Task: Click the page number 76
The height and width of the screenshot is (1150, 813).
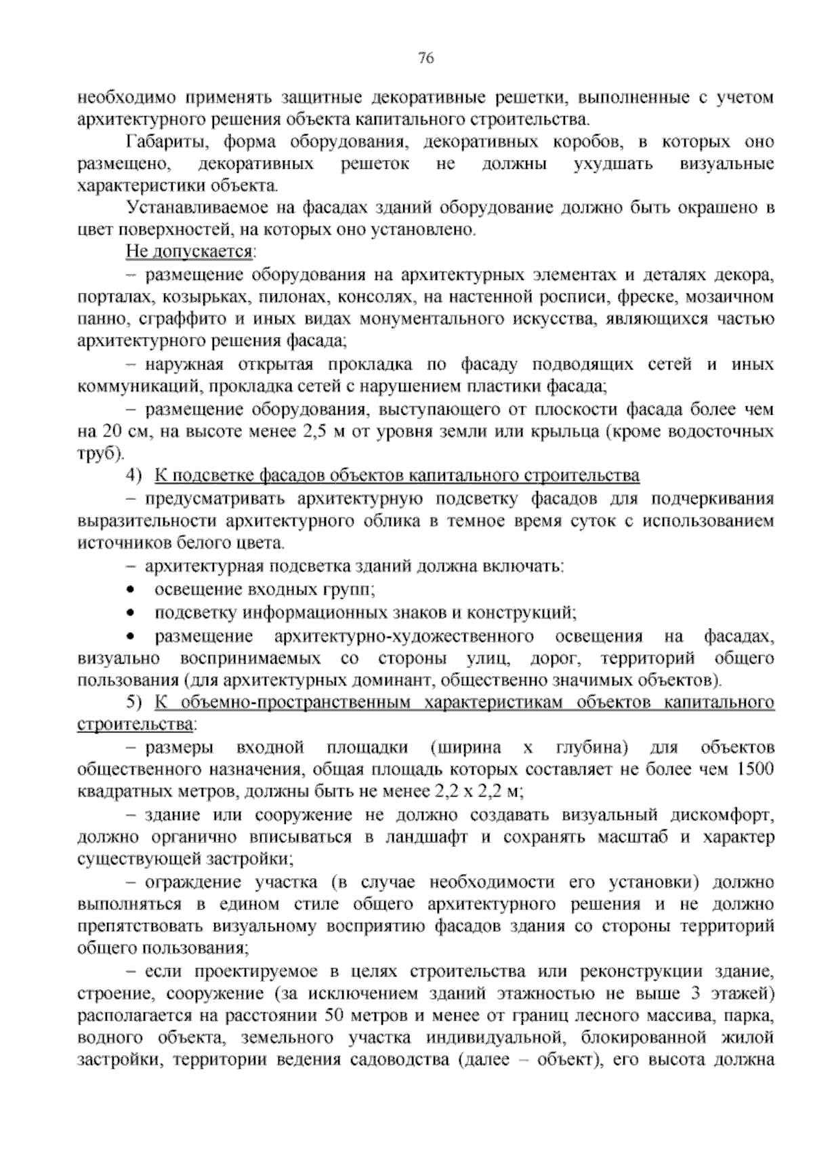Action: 425,58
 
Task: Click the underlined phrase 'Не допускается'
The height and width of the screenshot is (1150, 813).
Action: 189,253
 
